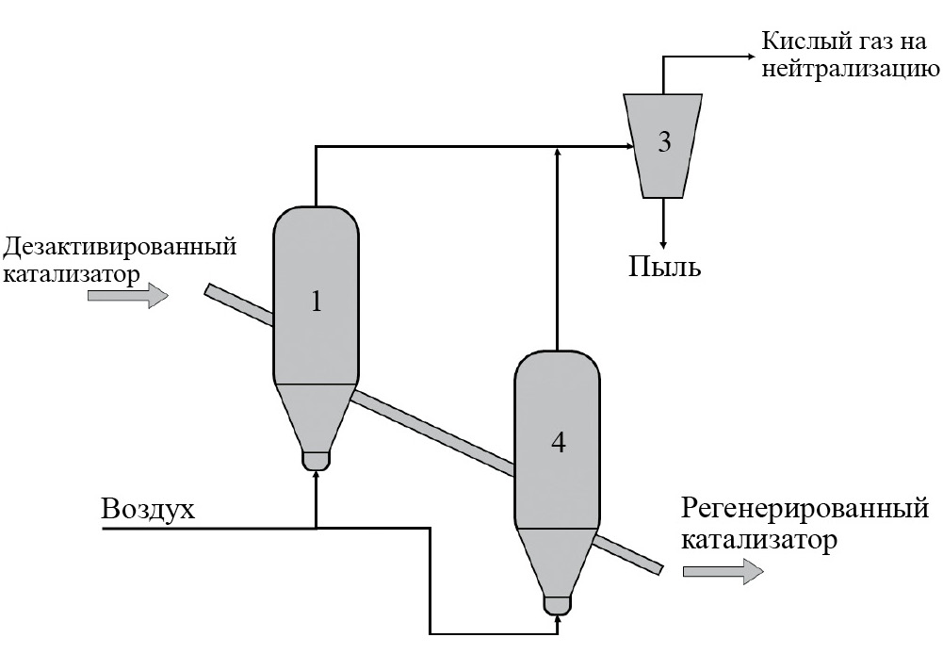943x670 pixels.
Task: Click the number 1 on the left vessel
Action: (x=317, y=302)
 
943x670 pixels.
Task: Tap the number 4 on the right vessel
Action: (x=558, y=442)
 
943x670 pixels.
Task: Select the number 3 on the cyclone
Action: (x=664, y=142)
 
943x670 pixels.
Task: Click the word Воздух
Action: (x=148, y=510)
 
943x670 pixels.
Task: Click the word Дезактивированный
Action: (x=119, y=248)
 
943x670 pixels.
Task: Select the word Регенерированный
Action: (x=804, y=510)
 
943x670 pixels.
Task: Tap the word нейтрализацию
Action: (x=848, y=69)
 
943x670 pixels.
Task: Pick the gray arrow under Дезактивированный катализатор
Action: (x=127, y=296)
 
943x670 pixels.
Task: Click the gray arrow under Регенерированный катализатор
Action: (x=723, y=571)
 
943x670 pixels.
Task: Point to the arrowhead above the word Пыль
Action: (x=664, y=238)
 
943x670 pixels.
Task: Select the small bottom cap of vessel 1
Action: (x=316, y=459)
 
